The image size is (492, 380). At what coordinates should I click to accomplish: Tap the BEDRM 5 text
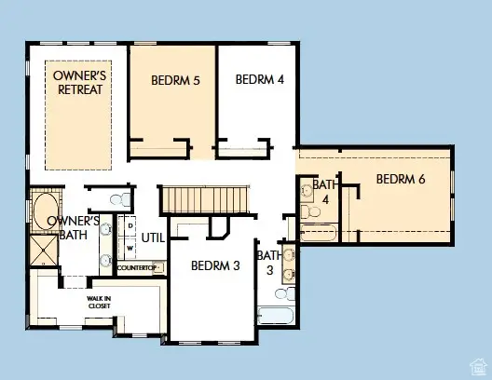pos(176,80)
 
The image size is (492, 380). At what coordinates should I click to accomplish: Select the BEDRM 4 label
pos(259,79)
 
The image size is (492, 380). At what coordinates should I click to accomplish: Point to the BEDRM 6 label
pos(401,179)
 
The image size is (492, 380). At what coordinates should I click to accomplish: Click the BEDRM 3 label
pos(215,265)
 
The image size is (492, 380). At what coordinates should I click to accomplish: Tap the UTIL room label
pos(153,237)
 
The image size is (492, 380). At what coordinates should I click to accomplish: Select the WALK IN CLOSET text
pos(100,301)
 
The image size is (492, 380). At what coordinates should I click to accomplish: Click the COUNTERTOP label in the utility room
pos(139,268)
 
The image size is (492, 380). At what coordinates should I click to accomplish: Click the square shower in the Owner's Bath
pos(43,251)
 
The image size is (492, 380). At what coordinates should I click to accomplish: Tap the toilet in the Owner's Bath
pos(118,198)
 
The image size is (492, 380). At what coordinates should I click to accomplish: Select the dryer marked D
pos(130,226)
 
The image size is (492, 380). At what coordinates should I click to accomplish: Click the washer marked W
pos(130,248)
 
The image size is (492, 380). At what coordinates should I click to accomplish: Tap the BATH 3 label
pos(268,263)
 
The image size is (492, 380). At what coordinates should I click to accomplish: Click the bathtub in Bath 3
pos(277,318)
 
